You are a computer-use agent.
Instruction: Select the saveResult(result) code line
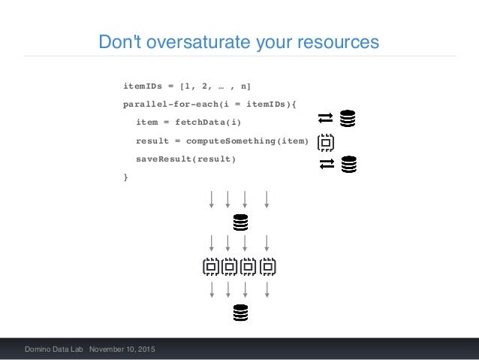185,159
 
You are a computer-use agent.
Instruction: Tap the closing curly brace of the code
125,177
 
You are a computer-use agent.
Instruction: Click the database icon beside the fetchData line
348,118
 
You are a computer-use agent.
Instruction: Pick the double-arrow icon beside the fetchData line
325,118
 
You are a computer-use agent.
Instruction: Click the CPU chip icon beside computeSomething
326,141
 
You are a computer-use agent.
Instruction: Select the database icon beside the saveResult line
349,163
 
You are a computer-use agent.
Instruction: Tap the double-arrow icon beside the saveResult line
326,163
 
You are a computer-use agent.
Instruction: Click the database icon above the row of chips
240,222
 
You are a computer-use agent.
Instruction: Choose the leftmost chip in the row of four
212,266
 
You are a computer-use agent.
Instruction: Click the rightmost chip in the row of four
268,266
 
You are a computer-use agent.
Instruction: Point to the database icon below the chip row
240,312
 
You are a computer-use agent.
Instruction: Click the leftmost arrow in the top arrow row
212,199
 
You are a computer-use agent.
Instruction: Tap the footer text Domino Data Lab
54,350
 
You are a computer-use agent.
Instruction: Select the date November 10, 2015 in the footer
122,350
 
